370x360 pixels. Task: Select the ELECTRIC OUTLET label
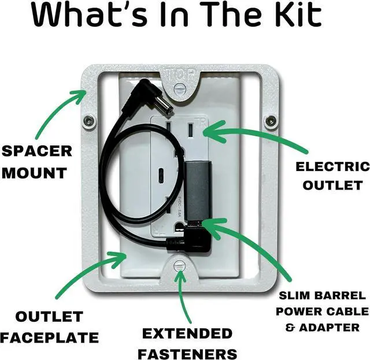(x=332, y=176)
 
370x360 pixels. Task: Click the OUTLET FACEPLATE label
(x=49, y=326)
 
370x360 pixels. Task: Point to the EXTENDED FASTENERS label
(x=187, y=343)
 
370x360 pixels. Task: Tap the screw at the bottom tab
(x=180, y=265)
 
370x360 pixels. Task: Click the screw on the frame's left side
(x=88, y=121)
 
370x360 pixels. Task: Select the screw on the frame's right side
(x=269, y=121)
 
